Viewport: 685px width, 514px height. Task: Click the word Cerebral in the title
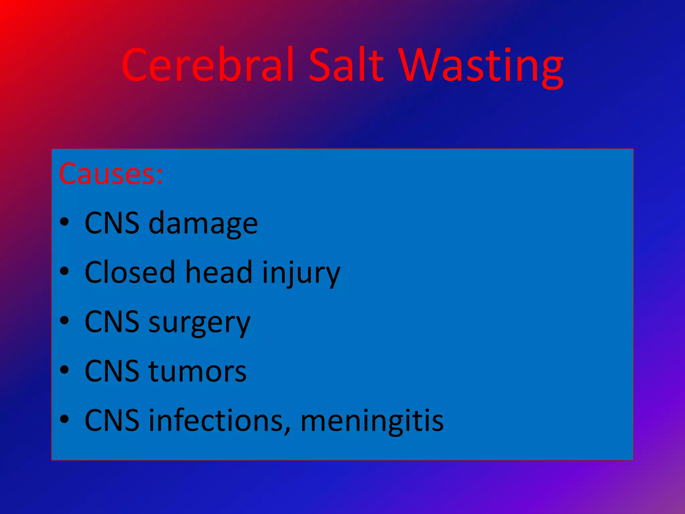207,65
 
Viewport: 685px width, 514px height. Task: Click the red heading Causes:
111,174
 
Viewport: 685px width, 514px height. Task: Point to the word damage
203,224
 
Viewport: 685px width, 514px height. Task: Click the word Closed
130,272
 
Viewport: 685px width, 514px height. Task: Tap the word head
219,272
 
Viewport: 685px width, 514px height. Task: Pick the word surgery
199,323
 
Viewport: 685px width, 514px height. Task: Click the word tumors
197,371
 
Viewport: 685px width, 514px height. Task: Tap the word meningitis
372,421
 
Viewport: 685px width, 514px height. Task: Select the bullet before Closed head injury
64,271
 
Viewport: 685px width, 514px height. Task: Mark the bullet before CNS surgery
64,321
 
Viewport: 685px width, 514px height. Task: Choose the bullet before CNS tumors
64,370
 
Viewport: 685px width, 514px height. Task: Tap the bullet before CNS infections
64,419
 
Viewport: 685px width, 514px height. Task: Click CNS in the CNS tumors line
112,371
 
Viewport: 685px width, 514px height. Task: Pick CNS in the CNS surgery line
112,322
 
